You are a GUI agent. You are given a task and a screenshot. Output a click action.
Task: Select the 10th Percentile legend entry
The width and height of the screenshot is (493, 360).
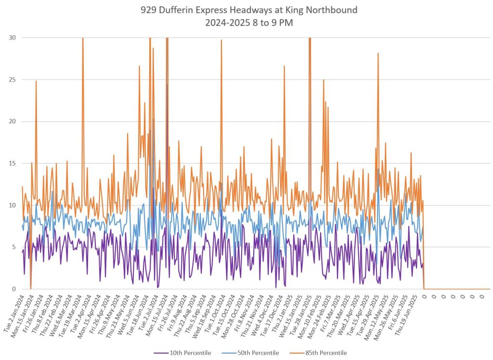[x=188, y=353]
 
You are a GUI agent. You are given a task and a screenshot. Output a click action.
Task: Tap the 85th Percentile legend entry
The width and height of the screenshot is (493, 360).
[x=323, y=353]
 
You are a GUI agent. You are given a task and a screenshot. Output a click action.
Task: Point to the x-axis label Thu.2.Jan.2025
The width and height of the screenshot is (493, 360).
[x=283, y=311]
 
